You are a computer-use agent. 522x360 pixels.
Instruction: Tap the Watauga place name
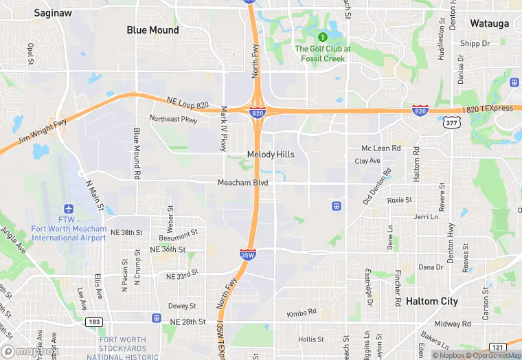[489, 23]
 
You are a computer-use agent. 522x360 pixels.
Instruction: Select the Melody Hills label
[271, 155]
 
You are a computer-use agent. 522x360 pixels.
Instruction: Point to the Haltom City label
[431, 302]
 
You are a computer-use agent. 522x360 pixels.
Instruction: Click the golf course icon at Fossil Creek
[321, 36]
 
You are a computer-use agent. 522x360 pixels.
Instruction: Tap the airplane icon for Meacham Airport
[68, 209]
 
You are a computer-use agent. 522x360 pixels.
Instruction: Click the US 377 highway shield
[451, 123]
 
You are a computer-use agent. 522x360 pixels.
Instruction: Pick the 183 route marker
[94, 322]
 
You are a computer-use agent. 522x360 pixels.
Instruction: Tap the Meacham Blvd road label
[242, 183]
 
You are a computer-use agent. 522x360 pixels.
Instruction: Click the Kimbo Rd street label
[302, 313]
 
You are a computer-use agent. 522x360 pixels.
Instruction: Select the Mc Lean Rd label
[381, 148]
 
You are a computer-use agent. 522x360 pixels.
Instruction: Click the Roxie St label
[399, 200]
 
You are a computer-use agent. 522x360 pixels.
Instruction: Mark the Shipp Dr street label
[475, 44]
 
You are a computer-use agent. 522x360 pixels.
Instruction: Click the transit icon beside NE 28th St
[157, 319]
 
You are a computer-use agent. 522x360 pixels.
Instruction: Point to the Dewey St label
[183, 306]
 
